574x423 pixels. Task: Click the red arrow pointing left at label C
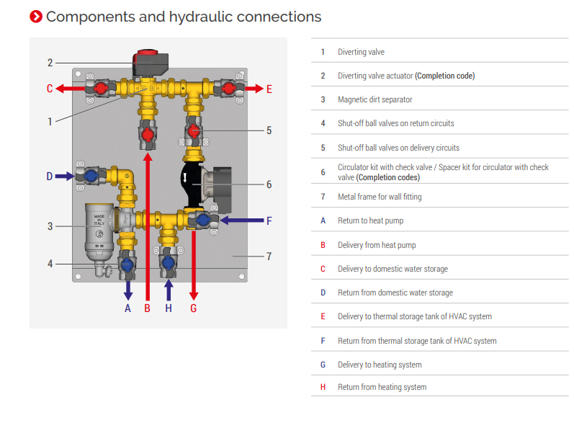70,89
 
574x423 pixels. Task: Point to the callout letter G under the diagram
193,308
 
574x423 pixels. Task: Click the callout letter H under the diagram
169,308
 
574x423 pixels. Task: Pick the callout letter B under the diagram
147,308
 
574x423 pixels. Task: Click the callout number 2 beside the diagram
50,63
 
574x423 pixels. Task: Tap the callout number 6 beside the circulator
269,184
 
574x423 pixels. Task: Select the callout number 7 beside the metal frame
269,256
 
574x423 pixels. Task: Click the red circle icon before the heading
36,16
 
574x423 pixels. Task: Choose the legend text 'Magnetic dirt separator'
375,99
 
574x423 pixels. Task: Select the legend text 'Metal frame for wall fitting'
380,197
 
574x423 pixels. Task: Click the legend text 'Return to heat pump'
370,221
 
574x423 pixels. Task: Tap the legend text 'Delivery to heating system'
380,365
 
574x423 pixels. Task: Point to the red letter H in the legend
323,387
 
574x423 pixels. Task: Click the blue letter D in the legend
323,293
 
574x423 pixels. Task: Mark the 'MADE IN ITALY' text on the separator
99,219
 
